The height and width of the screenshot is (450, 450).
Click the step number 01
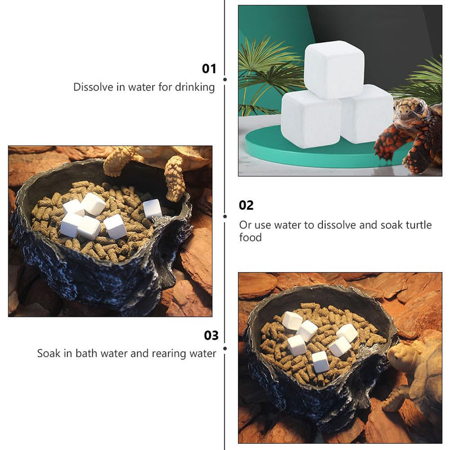click(x=209, y=69)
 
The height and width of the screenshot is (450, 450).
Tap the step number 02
click(x=246, y=205)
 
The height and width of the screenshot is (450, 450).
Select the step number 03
click(x=211, y=335)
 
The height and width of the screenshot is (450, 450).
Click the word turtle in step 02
click(x=418, y=224)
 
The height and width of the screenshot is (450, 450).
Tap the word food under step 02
click(x=250, y=237)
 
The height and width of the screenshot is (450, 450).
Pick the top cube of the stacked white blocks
click(x=334, y=69)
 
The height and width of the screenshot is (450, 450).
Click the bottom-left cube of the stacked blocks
click(x=311, y=119)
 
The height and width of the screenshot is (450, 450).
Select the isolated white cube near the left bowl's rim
click(x=152, y=208)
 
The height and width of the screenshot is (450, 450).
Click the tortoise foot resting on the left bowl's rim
click(x=175, y=179)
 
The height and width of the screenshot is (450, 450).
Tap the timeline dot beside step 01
click(x=225, y=79)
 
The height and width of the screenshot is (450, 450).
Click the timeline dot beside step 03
click(x=225, y=348)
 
